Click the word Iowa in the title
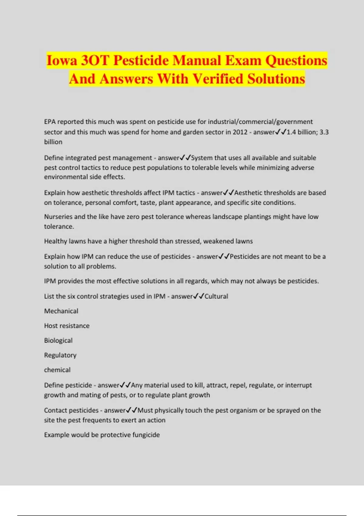tap(62, 60)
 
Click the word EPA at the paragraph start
tap(50, 122)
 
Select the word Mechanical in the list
tap(61, 311)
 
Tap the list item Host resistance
tap(67, 326)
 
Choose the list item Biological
tap(58, 341)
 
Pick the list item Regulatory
tap(60, 355)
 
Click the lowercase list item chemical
tap(57, 370)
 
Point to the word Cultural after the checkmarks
tap(216, 296)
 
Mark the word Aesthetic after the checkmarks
tap(249, 193)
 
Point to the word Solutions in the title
tap(276, 79)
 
